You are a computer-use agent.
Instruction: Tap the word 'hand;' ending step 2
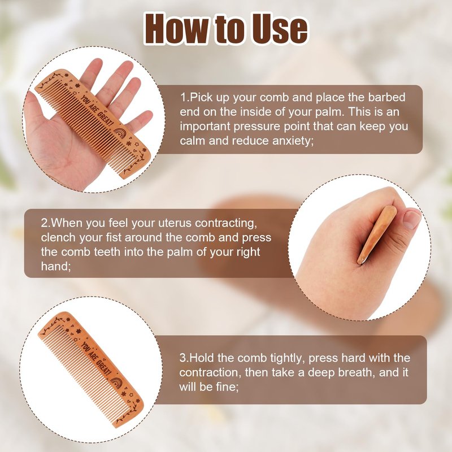point(55,266)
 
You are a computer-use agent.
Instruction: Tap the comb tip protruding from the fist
point(362,260)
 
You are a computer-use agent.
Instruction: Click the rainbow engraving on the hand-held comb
point(119,133)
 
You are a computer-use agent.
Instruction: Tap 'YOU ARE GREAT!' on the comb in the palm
point(97,111)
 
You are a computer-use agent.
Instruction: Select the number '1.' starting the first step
point(185,97)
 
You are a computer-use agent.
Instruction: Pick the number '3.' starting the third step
point(184,358)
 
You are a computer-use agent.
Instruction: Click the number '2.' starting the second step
point(46,223)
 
